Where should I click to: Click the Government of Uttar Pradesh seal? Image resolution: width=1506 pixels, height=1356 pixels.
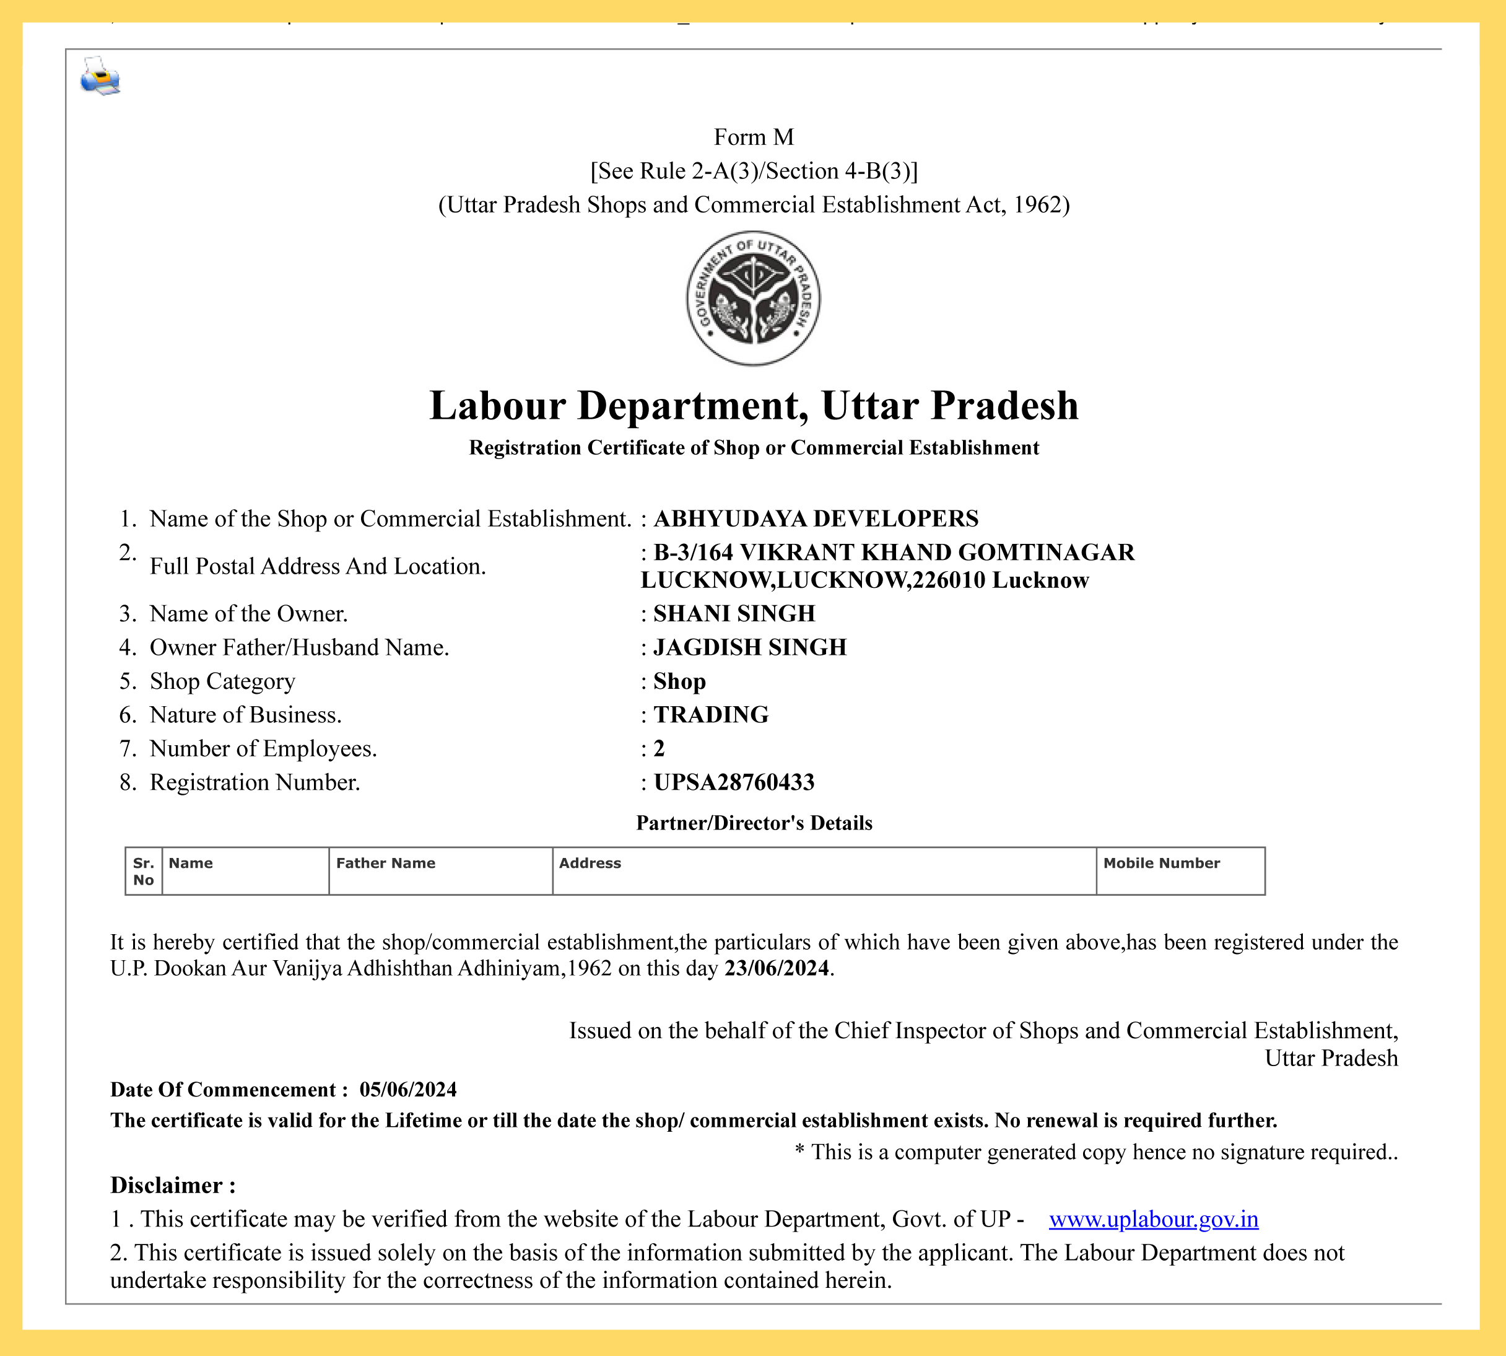(753, 298)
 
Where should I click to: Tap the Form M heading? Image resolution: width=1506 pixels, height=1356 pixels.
(753, 137)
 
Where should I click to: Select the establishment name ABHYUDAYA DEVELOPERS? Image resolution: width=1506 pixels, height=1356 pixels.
(816, 518)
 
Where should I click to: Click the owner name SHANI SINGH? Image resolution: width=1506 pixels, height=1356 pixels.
(734, 613)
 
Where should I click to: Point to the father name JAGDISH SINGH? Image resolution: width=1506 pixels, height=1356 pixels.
(749, 647)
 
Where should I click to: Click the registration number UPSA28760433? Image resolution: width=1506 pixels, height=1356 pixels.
(734, 782)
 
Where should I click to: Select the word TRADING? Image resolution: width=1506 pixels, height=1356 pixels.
(710, 714)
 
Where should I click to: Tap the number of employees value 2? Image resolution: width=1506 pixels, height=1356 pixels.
(658, 748)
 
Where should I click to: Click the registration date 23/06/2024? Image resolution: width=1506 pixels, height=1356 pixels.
(776, 968)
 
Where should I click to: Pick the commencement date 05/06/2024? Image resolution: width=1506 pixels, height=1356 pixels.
(408, 1089)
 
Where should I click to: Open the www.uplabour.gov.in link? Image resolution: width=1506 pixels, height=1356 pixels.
(1153, 1219)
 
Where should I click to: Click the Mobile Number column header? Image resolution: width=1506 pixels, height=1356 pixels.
(1161, 863)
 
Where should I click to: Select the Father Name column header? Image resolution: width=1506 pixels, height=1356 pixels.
(385, 863)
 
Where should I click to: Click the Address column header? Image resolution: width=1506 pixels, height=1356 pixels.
(590, 863)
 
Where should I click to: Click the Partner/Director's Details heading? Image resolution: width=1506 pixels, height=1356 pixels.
(754, 823)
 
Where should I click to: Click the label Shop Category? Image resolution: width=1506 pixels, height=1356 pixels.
(222, 681)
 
